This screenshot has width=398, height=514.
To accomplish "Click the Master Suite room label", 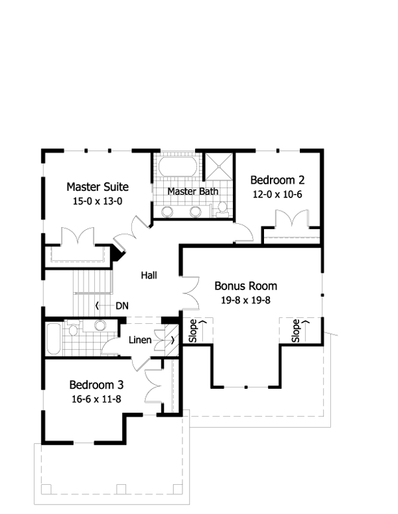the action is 98,187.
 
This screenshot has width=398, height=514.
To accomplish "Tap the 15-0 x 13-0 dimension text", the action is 98,201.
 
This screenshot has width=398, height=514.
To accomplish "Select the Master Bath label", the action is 193,191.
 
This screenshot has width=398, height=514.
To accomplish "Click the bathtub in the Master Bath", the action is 178,166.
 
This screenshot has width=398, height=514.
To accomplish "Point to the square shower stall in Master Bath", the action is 219,166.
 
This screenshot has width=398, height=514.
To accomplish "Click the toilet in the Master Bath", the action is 222,209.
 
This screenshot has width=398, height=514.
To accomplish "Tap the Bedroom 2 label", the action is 277,180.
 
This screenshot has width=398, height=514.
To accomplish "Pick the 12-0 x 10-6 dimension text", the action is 277,194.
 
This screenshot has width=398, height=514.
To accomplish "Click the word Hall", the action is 149,275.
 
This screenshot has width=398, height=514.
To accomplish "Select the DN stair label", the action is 122,306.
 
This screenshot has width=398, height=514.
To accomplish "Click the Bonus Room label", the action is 245,286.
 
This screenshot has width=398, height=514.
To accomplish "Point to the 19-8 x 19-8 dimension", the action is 245,300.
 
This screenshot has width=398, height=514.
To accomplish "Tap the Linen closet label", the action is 140,340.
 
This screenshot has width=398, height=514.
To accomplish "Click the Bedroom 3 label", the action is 96,385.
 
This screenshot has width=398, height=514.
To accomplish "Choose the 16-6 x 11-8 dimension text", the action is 96,399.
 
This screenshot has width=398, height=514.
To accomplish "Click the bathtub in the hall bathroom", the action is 53,339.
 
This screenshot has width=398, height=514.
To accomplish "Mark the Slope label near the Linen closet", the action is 193,331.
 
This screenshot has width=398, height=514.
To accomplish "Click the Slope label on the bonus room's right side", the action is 296,331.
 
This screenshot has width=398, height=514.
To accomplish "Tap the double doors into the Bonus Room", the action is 190,293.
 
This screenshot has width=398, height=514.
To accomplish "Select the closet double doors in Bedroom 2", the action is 292,219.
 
